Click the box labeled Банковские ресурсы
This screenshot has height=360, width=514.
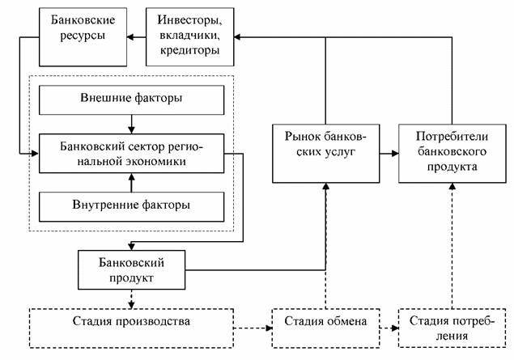click(x=83, y=37)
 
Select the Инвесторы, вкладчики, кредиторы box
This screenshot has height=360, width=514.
click(x=189, y=37)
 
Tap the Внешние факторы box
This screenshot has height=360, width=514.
click(x=131, y=100)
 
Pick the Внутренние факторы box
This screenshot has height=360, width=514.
click(x=131, y=207)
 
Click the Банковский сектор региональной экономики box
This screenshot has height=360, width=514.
click(x=131, y=153)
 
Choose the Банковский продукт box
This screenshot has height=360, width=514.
click(x=131, y=270)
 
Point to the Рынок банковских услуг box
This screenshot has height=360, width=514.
click(x=326, y=153)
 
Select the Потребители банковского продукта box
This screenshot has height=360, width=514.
click(x=452, y=153)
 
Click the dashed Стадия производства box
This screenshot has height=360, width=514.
click(x=131, y=328)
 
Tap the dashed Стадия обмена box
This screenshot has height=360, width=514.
click(x=326, y=328)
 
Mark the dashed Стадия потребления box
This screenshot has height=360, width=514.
click(x=452, y=328)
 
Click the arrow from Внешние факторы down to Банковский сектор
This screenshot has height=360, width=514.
click(x=131, y=124)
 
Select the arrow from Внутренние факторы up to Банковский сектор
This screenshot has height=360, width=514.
click(x=131, y=183)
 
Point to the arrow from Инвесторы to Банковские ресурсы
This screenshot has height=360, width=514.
click(x=136, y=37)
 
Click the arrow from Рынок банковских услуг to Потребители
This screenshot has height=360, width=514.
click(x=389, y=153)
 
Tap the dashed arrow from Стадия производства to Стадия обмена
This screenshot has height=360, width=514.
click(x=253, y=328)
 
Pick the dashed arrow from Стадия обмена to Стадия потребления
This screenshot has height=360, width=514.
click(x=389, y=328)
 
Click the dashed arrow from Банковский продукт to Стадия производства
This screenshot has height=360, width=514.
click(x=131, y=299)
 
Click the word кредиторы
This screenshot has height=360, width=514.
click(x=189, y=51)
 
